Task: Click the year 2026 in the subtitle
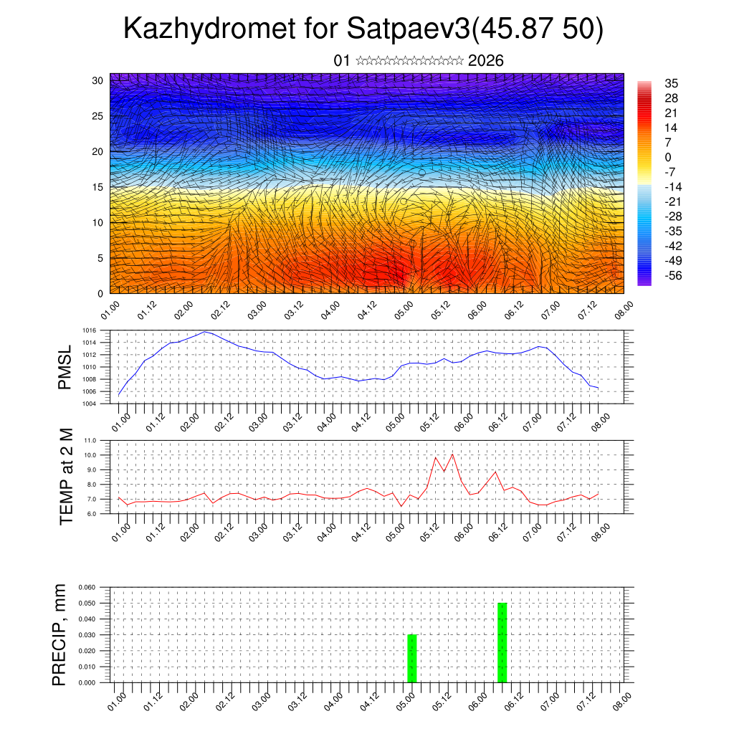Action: click(485, 61)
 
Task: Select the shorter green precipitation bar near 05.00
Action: click(411, 658)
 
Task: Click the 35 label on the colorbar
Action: click(672, 84)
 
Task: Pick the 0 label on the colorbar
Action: click(668, 157)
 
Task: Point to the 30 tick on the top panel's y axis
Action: click(97, 80)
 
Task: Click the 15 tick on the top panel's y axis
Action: click(97, 187)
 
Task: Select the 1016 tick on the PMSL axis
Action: click(89, 330)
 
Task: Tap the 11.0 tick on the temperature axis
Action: click(90, 440)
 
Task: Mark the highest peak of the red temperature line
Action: click(452, 454)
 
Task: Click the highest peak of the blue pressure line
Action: click(205, 331)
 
